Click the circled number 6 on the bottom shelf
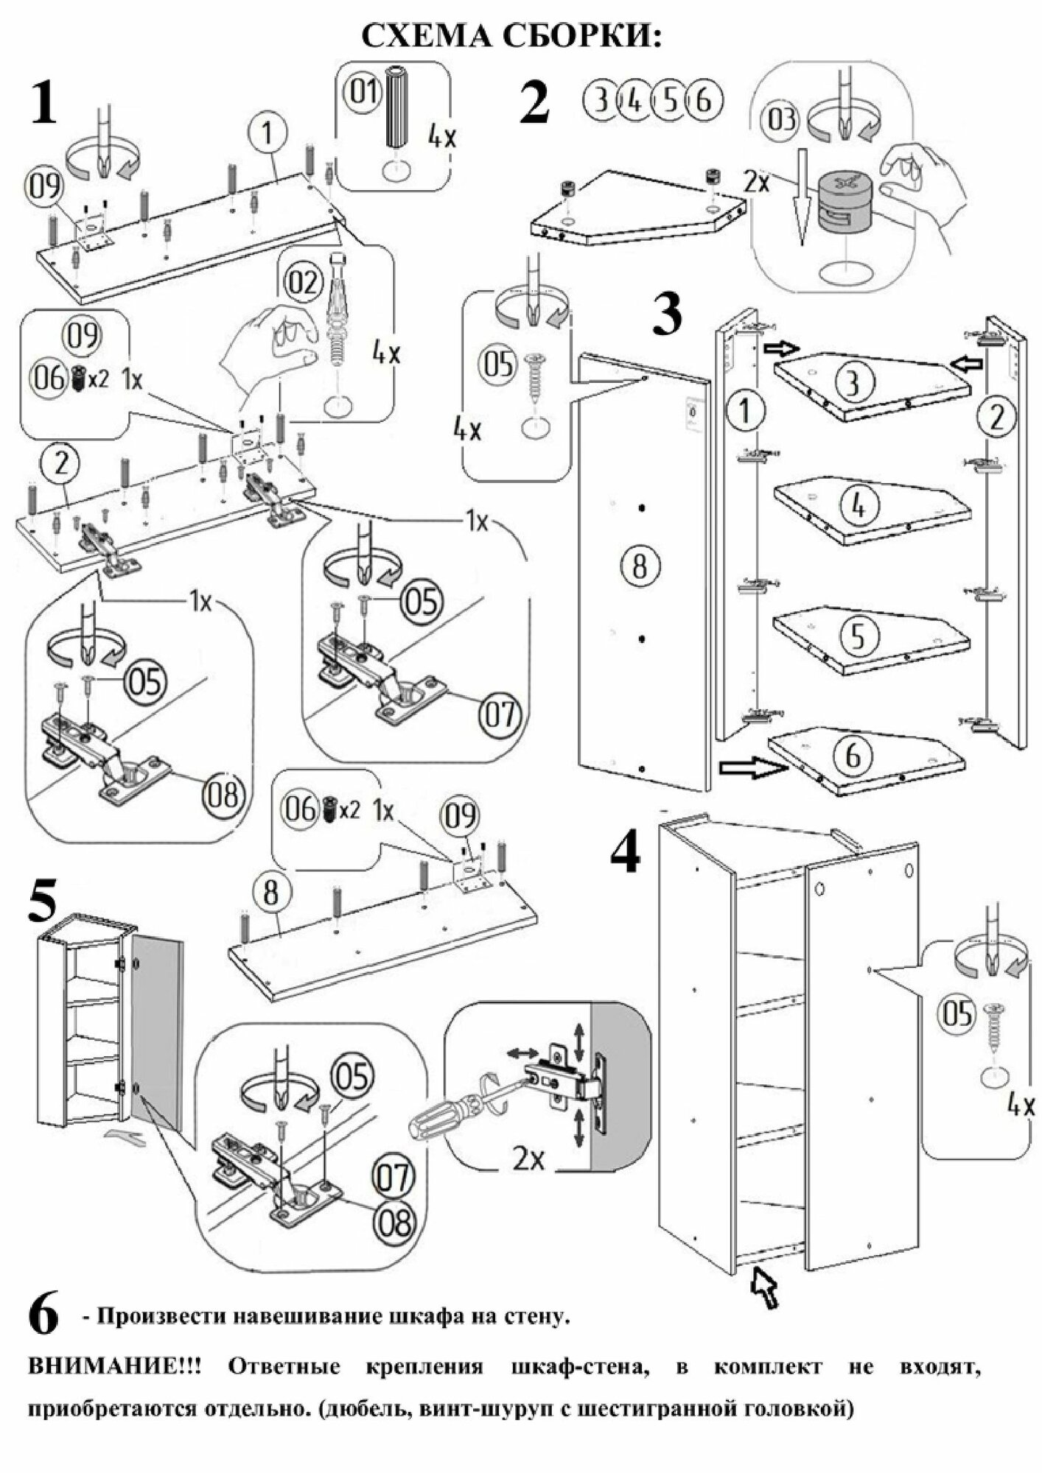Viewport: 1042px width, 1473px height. point(853,756)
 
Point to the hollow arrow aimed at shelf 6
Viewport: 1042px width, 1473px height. point(749,767)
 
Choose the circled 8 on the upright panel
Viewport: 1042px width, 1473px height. point(640,566)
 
